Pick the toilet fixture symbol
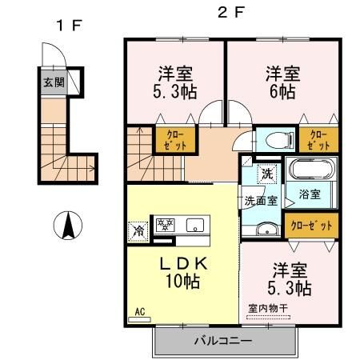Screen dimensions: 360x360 [x=273, y=140]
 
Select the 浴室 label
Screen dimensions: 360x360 [x=310, y=194]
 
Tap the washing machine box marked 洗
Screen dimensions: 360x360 [x=265, y=172]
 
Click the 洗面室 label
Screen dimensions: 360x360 [x=261, y=201]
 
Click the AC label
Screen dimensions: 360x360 [x=138, y=313]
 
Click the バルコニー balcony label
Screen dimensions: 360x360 [x=223, y=342]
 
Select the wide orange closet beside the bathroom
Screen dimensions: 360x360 [x=311, y=226]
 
